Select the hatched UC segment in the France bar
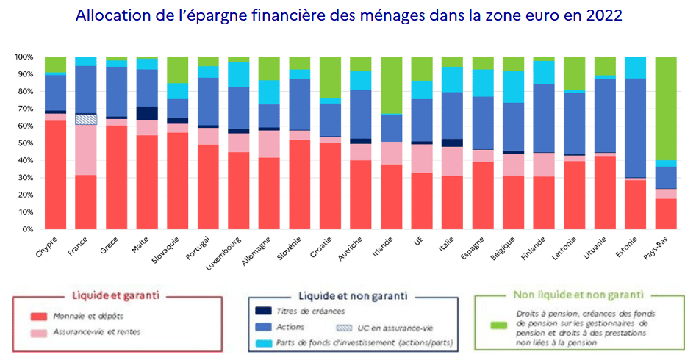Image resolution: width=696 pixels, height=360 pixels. point(86,119)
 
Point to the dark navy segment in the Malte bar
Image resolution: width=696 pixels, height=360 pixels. point(147,113)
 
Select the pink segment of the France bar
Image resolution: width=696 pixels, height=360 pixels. point(86,150)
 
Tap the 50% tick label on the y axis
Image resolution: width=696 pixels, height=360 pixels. point(24,143)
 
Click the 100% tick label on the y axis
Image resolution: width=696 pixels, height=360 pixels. point(22,57)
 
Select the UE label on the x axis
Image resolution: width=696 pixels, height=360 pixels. point(419,242)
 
